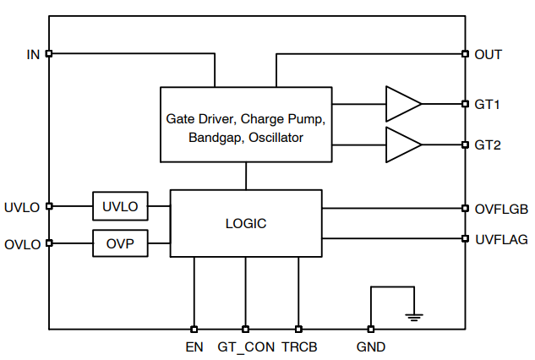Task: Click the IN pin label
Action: (33, 54)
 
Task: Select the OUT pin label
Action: (489, 54)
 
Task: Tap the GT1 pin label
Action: (488, 105)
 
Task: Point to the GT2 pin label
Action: (488, 145)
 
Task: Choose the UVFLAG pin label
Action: (500, 239)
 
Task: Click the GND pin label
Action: (370, 346)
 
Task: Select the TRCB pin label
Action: (299, 346)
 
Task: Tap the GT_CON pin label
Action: (246, 346)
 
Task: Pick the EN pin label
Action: (194, 346)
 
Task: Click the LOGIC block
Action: (246, 223)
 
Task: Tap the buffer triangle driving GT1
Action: (401, 105)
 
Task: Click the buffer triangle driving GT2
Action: (401, 145)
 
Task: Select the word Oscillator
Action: (276, 137)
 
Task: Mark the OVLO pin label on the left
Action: (22, 244)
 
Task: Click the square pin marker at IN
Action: (49, 54)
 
